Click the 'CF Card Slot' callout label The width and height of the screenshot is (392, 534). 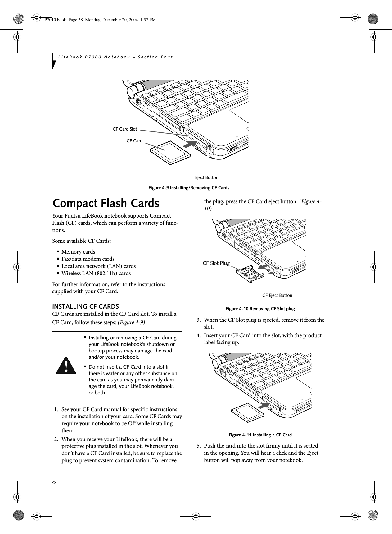[124, 129]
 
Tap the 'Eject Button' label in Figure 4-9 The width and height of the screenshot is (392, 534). [206, 177]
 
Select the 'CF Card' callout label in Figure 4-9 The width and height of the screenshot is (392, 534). [134, 141]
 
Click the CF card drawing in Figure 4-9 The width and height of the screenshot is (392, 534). [170, 152]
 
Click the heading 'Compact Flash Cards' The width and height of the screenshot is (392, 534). [106, 204]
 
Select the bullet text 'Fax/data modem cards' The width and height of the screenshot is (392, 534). [88, 259]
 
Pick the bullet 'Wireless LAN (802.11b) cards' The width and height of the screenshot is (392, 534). [96, 273]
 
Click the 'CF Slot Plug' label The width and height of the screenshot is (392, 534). [216, 263]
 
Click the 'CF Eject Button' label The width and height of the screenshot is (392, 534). [277, 295]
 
